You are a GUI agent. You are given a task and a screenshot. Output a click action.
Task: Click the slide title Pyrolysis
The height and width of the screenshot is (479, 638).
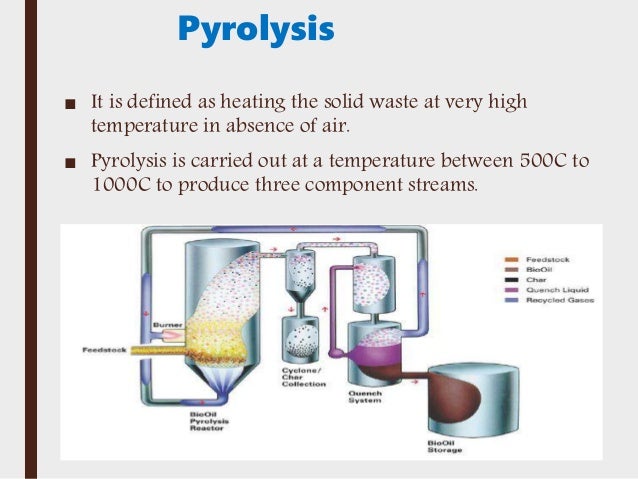point(255,29)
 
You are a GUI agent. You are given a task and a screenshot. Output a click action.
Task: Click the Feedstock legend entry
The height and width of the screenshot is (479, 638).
point(545,259)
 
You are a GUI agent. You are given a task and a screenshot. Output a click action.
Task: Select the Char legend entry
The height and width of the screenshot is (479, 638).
point(537,280)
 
